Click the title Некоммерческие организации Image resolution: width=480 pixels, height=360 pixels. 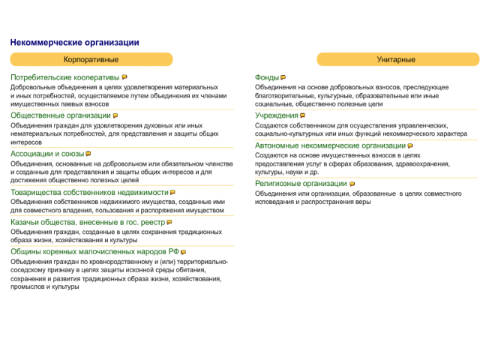[x=74, y=43]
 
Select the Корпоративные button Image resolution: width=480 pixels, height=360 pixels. [x=91, y=59]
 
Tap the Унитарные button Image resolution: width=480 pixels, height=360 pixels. [x=397, y=59]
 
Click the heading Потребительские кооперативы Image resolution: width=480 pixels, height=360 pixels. [x=64, y=77]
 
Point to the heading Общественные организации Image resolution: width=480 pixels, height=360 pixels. [x=60, y=115]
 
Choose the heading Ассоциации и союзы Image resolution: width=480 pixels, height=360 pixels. [x=46, y=154]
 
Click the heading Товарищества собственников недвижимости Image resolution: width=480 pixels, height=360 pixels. [x=88, y=193]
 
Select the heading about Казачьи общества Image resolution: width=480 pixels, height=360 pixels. [x=87, y=222]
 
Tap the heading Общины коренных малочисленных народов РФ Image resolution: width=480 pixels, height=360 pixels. [x=94, y=252]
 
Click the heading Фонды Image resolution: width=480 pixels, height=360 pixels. [x=266, y=77]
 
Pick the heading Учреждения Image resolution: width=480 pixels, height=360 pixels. [x=276, y=115]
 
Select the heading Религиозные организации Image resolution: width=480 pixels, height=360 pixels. [x=301, y=183]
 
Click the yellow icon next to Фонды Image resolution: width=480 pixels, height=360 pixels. [x=283, y=77]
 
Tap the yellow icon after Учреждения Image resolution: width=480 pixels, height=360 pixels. [x=302, y=115]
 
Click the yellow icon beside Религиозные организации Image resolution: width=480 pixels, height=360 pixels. [x=352, y=184]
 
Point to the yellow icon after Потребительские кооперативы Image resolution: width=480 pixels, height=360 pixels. [x=124, y=77]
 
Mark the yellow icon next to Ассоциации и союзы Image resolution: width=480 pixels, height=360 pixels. [x=88, y=154]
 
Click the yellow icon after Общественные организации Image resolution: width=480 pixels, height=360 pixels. [x=115, y=116]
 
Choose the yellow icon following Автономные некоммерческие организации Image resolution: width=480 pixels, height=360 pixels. [x=409, y=146]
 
